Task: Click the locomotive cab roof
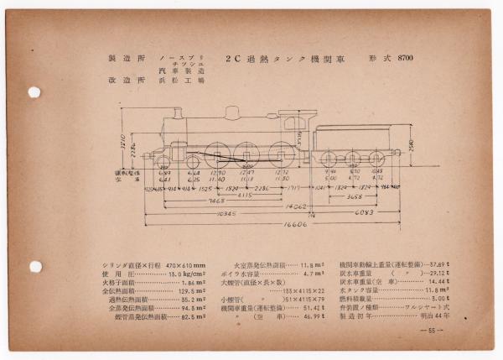[293, 112]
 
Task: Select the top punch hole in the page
[34, 92]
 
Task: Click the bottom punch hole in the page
[34, 266]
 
